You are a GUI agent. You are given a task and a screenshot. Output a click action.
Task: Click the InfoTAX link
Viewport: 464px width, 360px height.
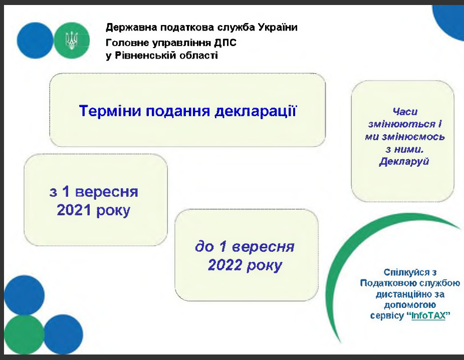[428, 315]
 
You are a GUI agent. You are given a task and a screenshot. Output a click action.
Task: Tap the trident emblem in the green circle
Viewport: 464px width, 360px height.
[72, 41]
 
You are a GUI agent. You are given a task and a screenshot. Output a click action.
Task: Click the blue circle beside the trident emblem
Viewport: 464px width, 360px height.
[35, 41]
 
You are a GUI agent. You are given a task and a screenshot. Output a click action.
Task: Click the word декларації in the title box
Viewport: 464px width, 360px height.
[256, 112]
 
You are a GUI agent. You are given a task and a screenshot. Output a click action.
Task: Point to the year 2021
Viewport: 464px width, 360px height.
[74, 210]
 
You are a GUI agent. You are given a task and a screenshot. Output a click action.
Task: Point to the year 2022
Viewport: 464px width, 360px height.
[225, 265]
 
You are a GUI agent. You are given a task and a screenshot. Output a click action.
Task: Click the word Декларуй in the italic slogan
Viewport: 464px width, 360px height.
[404, 162]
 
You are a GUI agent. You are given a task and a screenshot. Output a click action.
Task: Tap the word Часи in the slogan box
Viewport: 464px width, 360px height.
[405, 112]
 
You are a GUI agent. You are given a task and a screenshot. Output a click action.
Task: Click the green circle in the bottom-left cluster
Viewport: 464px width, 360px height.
[24, 334]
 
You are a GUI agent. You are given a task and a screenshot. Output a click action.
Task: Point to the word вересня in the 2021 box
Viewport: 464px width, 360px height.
[107, 192]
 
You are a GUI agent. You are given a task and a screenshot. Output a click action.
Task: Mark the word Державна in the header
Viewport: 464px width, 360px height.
[131, 28]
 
